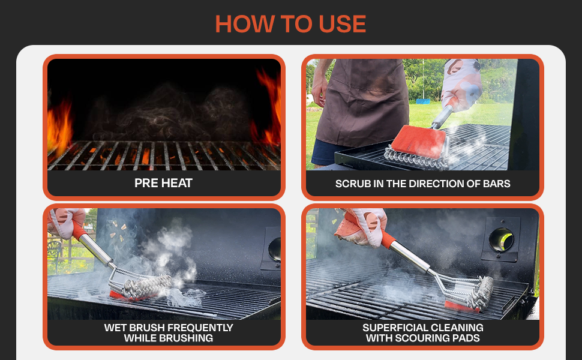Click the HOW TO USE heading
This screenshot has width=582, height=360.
coord(290,23)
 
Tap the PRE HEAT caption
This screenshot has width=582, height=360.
coord(163,183)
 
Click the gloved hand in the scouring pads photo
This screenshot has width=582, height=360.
coord(360,225)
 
